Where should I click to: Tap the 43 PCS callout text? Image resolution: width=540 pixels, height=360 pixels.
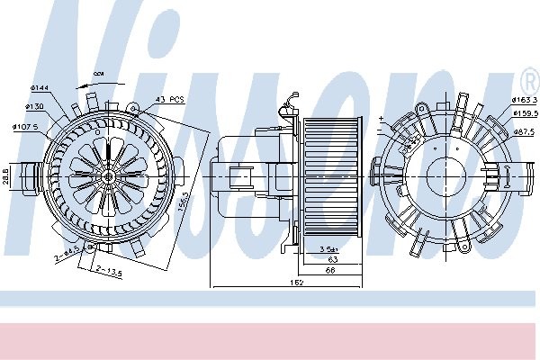(169, 100)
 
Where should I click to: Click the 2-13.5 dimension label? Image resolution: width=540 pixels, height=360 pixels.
(110, 271)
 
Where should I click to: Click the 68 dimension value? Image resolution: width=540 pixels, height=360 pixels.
(331, 269)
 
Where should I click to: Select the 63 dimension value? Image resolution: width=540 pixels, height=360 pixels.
(331, 258)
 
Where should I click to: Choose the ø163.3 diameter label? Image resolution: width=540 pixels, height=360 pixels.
(525, 99)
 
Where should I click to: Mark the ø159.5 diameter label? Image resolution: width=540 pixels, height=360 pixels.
(525, 113)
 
